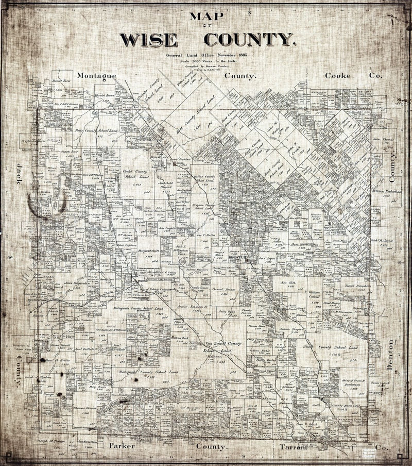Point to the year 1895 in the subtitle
241,55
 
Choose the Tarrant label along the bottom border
293,445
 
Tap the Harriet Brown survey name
103,96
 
